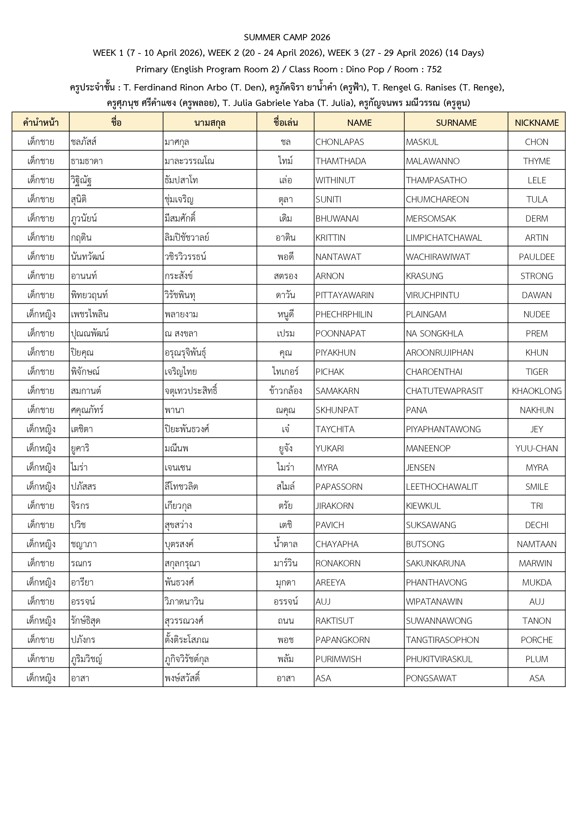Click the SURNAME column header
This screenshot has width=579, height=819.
(456, 123)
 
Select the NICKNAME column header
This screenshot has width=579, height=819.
(536, 123)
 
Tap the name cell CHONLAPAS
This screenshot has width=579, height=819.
(339, 142)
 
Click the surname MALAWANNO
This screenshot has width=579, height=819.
(432, 161)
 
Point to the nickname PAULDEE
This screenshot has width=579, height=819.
(536, 257)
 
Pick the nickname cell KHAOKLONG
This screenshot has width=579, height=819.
(536, 391)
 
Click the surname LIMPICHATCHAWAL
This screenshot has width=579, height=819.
(444, 237)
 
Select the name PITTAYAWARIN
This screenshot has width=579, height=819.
(344, 295)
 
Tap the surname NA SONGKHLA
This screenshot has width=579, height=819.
(434, 334)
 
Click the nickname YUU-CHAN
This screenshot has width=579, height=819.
(536, 448)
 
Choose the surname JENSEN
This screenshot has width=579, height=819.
(420, 468)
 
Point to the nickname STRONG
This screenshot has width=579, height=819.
(536, 276)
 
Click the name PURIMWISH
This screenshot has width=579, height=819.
(338, 659)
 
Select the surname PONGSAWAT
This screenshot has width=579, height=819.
(431, 678)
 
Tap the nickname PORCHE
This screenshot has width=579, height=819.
(536, 640)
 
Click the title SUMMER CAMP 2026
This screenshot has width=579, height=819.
(287, 37)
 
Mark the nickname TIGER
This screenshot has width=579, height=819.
(536, 372)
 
